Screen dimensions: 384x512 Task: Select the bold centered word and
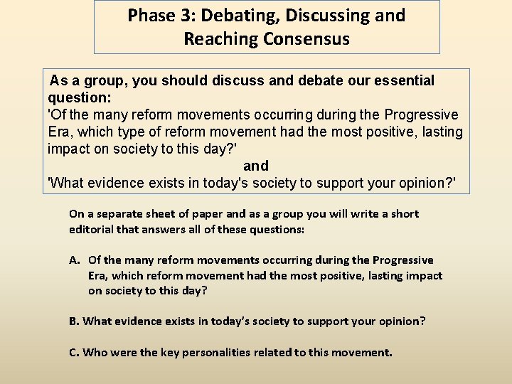coord(256,166)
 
